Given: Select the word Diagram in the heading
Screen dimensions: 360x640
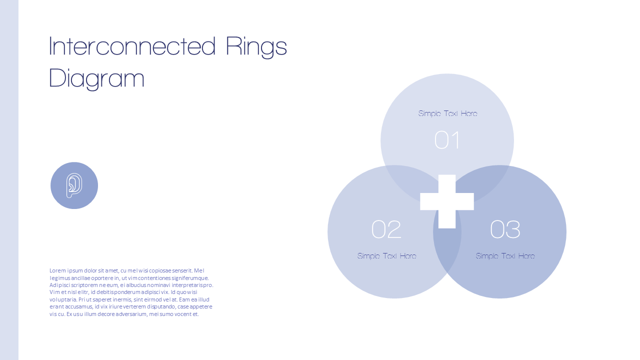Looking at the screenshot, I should [x=97, y=79].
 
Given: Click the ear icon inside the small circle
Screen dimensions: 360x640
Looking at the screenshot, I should [x=74, y=185].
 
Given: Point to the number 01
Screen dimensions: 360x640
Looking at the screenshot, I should [x=447, y=140].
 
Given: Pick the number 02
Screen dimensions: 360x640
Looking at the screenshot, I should [x=386, y=229].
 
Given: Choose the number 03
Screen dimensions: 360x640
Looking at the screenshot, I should [x=505, y=229].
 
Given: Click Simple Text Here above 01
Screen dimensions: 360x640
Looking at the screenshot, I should [x=447, y=113].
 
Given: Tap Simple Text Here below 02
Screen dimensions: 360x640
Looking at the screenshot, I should [x=386, y=256].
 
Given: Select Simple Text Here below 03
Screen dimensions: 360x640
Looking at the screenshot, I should [x=505, y=256].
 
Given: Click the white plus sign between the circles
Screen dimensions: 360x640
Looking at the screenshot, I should [x=447, y=201].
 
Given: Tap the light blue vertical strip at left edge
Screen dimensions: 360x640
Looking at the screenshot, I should [x=9, y=180].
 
